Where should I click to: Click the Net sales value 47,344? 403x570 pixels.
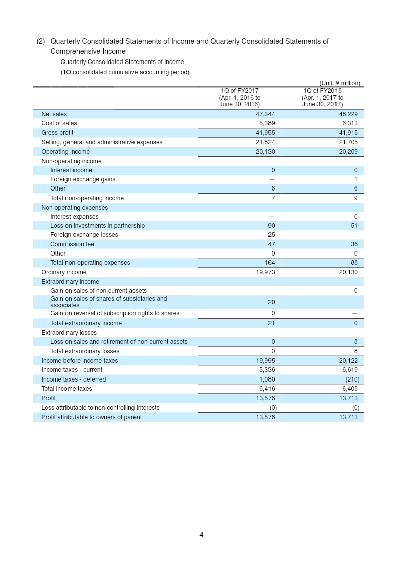pyautogui.click(x=265, y=114)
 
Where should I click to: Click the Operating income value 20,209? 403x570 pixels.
pyautogui.click(x=348, y=152)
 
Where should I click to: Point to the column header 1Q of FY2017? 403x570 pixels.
pyautogui.click(x=239, y=91)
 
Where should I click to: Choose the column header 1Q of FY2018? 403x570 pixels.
pyautogui.click(x=322, y=91)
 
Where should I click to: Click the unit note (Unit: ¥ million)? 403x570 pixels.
pyautogui.click(x=340, y=83)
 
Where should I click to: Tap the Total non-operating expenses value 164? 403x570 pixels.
pyautogui.click(x=270, y=263)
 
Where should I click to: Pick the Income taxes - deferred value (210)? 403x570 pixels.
pyautogui.click(x=352, y=379)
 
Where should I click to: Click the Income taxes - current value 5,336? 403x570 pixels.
pyautogui.click(x=267, y=370)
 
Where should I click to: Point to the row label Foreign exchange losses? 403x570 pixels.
pyautogui.click(x=84, y=235)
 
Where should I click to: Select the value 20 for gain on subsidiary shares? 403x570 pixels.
pyautogui.click(x=271, y=302)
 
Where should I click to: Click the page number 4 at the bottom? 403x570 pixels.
pyautogui.click(x=201, y=535)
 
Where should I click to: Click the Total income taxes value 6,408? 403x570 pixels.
pyautogui.click(x=350, y=389)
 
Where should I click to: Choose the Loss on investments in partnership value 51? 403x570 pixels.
pyautogui.click(x=354, y=226)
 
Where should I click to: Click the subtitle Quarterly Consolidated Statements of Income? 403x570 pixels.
pyautogui.click(x=122, y=62)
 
